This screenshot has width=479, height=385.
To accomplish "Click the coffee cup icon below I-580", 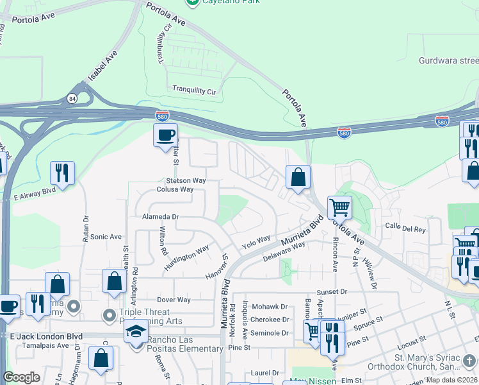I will pyautogui.click(x=166, y=135).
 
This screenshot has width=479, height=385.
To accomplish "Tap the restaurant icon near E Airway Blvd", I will pyautogui.click(x=62, y=172).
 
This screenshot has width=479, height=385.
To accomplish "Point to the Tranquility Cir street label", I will pyautogui.click(x=194, y=91).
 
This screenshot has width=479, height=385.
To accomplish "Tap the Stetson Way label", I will pyautogui.click(x=186, y=181).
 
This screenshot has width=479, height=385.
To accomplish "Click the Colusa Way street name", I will pyautogui.click(x=175, y=190).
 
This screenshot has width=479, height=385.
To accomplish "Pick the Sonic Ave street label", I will pyautogui.click(x=106, y=237).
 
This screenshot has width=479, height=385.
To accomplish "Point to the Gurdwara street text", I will pyautogui.click(x=448, y=61).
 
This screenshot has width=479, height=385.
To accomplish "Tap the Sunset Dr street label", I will pyautogui.click(x=331, y=292).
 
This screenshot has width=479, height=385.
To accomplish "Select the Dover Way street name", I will pyautogui.click(x=174, y=300).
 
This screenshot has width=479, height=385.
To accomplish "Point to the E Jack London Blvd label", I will pyautogui.click(x=46, y=336).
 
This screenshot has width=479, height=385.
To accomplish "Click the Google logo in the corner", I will pyautogui.click(x=21, y=377).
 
